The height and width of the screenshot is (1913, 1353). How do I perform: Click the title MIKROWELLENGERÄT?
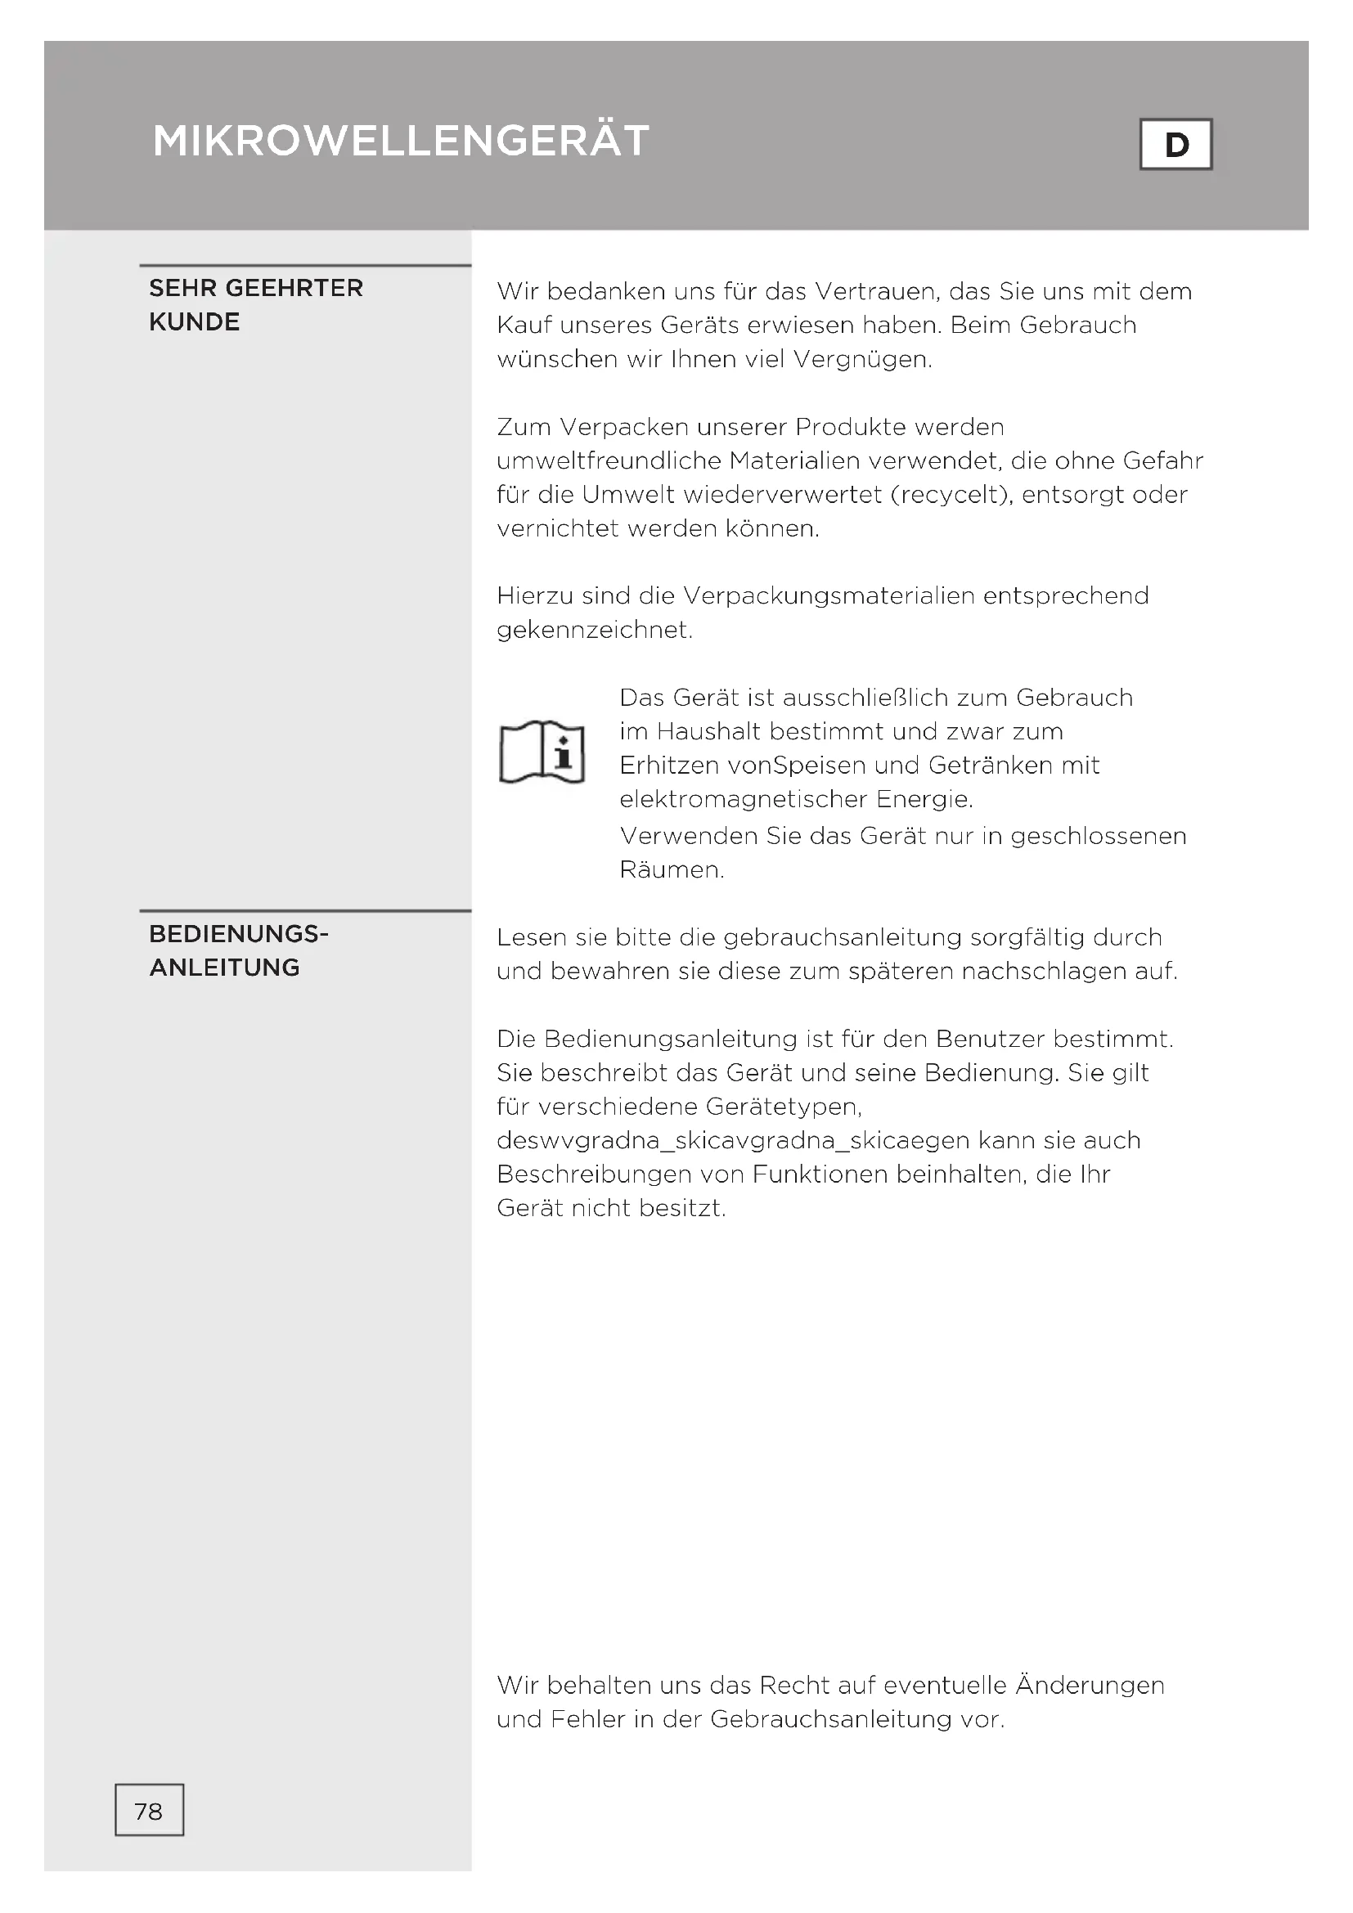pos(401,141)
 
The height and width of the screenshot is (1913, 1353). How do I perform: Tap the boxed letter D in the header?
pos(1175,145)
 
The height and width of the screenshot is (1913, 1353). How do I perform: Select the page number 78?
pos(149,1812)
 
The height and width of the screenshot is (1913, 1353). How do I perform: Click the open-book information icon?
pos(542,752)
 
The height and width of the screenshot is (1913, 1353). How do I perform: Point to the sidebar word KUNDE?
pos(194,322)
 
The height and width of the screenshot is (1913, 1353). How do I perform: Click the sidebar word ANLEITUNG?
pos(224,968)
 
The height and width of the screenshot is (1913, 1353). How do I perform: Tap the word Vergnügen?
pos(862,359)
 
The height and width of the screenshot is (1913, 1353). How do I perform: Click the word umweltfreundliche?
pos(609,460)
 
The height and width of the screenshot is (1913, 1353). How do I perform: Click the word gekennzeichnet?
pos(594,630)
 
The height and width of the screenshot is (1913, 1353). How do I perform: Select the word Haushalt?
pos(709,731)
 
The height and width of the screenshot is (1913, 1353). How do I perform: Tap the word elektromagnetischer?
pos(743,799)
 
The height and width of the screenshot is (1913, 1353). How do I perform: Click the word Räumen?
pos(672,870)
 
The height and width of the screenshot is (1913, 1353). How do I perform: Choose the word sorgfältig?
pos(1027,937)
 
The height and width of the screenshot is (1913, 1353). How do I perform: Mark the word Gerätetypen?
pos(783,1107)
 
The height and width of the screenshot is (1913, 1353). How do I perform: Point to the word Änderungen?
pos(1090,1686)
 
